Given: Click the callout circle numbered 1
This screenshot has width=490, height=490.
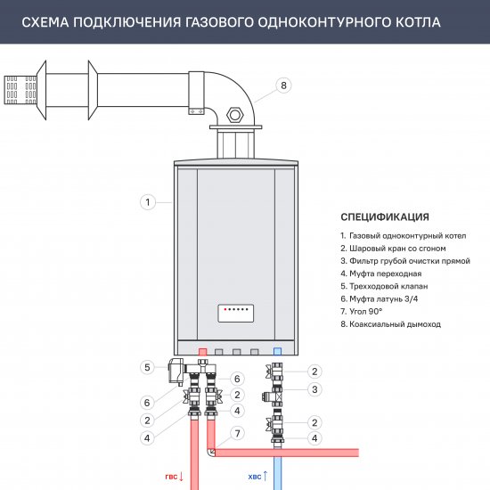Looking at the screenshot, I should [146, 202].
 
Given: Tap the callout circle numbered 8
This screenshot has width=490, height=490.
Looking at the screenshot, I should [283, 86].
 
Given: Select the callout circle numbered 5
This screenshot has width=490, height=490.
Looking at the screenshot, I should [147, 367].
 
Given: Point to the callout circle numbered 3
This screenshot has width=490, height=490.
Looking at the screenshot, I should [314, 389].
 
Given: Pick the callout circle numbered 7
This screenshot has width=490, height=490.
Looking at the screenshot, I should [236, 433].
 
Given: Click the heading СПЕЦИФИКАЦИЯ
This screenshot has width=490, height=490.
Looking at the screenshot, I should [385, 216].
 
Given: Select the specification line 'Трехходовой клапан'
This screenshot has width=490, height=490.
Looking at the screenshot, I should [384, 286].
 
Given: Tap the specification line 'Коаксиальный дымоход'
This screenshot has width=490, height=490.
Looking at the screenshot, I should [390, 324].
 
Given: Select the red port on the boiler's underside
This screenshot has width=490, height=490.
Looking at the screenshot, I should [202, 351].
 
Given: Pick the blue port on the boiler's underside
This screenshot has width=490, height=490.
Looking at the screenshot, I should [277, 351].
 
